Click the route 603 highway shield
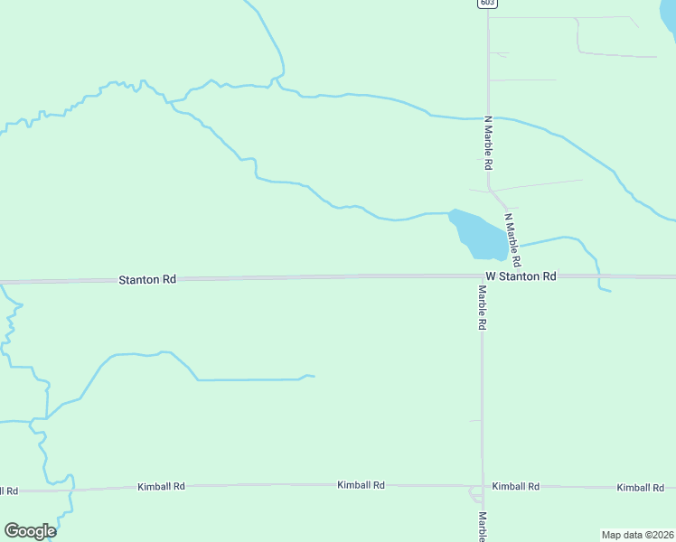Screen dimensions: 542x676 click(488, 4)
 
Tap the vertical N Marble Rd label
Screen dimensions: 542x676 click(488, 144)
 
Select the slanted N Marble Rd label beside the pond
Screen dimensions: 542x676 click(512, 238)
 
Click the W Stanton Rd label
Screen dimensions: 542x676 click(521, 276)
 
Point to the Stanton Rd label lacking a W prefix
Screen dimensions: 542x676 click(147, 280)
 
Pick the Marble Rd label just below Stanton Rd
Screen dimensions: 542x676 click(483, 308)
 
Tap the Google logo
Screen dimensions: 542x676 click(30, 531)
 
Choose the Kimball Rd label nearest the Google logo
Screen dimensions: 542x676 click(161, 487)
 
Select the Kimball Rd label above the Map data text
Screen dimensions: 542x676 click(641, 488)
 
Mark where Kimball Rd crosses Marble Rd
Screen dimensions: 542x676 click(483, 486)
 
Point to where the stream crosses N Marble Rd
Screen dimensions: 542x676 click(489, 117)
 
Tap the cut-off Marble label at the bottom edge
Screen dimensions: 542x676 click(483, 528)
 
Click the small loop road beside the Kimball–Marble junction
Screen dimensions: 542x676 click(474, 494)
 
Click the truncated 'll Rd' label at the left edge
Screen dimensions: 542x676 click(9, 491)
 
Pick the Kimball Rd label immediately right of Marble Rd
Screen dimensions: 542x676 click(515, 486)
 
